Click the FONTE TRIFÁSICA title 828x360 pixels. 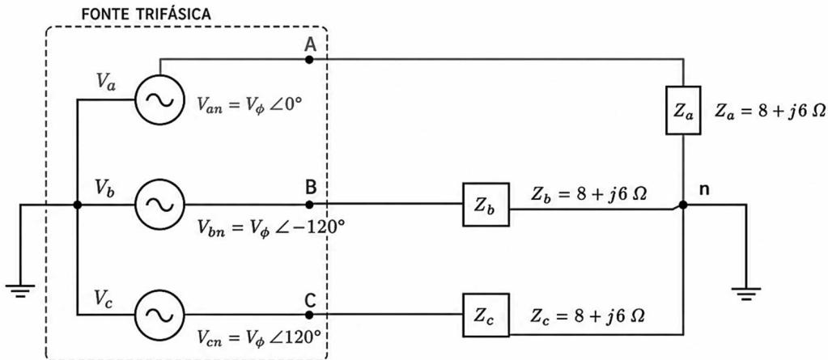coord(146,14)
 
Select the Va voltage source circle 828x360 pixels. coord(159,100)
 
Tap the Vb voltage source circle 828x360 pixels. coord(159,205)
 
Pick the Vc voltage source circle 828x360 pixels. coord(159,315)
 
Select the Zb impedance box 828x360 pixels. coord(486,205)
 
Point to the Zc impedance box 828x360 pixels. coord(486,316)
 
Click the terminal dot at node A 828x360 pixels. coord(309,60)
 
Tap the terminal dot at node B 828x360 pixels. coord(309,205)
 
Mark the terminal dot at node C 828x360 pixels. coord(309,315)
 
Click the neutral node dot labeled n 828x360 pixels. coord(683,205)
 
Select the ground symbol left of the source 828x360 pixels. coord(20,291)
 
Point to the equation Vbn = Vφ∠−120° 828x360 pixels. coord(272,229)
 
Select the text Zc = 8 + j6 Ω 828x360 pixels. coord(588,316)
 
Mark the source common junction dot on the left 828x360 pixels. coord(77,205)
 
